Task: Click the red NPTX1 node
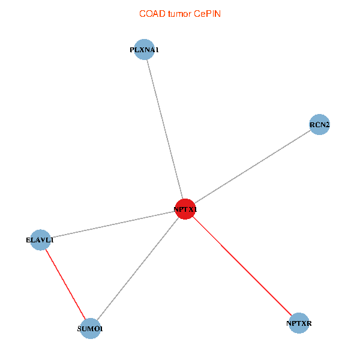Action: (185, 209)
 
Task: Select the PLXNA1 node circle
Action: (144, 49)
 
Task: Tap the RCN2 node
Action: (319, 124)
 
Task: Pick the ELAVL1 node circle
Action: (40, 240)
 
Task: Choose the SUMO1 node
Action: (90, 329)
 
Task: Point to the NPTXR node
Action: (299, 323)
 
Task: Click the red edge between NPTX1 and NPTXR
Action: (242, 266)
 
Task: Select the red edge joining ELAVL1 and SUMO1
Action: (65, 284)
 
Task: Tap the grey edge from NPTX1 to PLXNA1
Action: (165, 129)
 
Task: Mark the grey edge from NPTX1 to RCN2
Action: (253, 167)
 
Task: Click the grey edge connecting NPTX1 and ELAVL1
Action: (113, 224)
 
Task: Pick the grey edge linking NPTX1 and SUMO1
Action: (138, 269)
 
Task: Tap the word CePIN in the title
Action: (208, 14)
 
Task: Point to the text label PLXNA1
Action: (144, 50)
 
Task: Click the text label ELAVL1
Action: (40, 240)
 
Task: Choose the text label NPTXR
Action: (299, 323)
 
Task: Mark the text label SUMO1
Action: (90, 329)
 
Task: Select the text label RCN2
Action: (320, 125)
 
